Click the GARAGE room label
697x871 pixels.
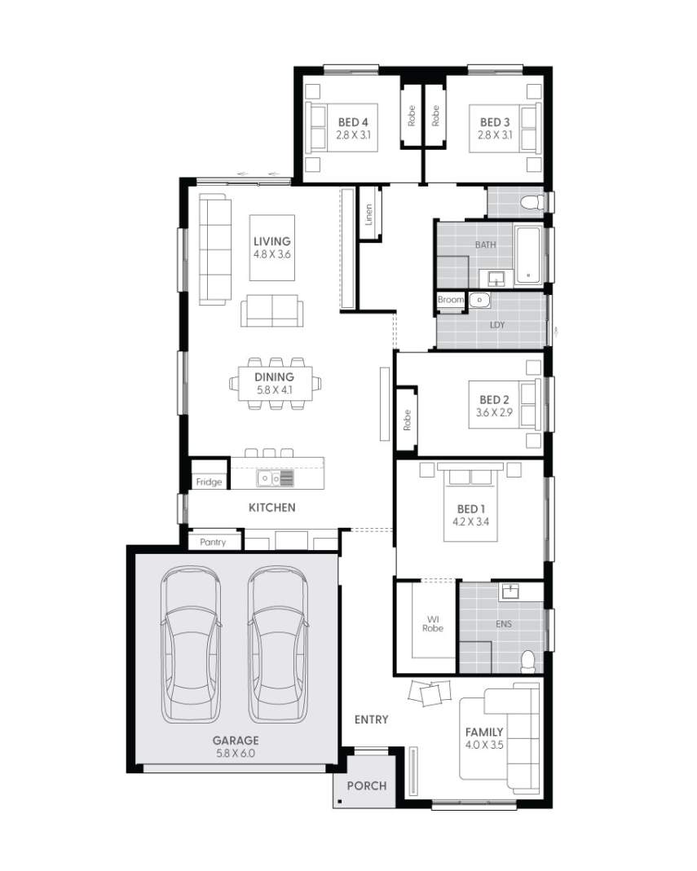click(x=236, y=741)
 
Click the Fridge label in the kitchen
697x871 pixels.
click(x=209, y=482)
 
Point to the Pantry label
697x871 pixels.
click(x=214, y=542)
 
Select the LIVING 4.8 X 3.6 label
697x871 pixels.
click(x=271, y=248)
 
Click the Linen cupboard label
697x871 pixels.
click(x=369, y=214)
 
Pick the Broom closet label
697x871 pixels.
click(x=451, y=300)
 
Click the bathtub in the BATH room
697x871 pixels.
click(x=530, y=255)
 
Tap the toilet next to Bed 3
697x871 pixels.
click(x=532, y=201)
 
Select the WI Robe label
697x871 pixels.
click(x=433, y=622)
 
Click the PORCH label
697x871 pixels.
click(x=366, y=786)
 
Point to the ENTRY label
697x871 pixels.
click(x=371, y=719)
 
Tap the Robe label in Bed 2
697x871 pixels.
click(x=407, y=420)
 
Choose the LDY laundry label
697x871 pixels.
click(x=497, y=325)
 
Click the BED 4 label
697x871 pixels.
click(x=353, y=122)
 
